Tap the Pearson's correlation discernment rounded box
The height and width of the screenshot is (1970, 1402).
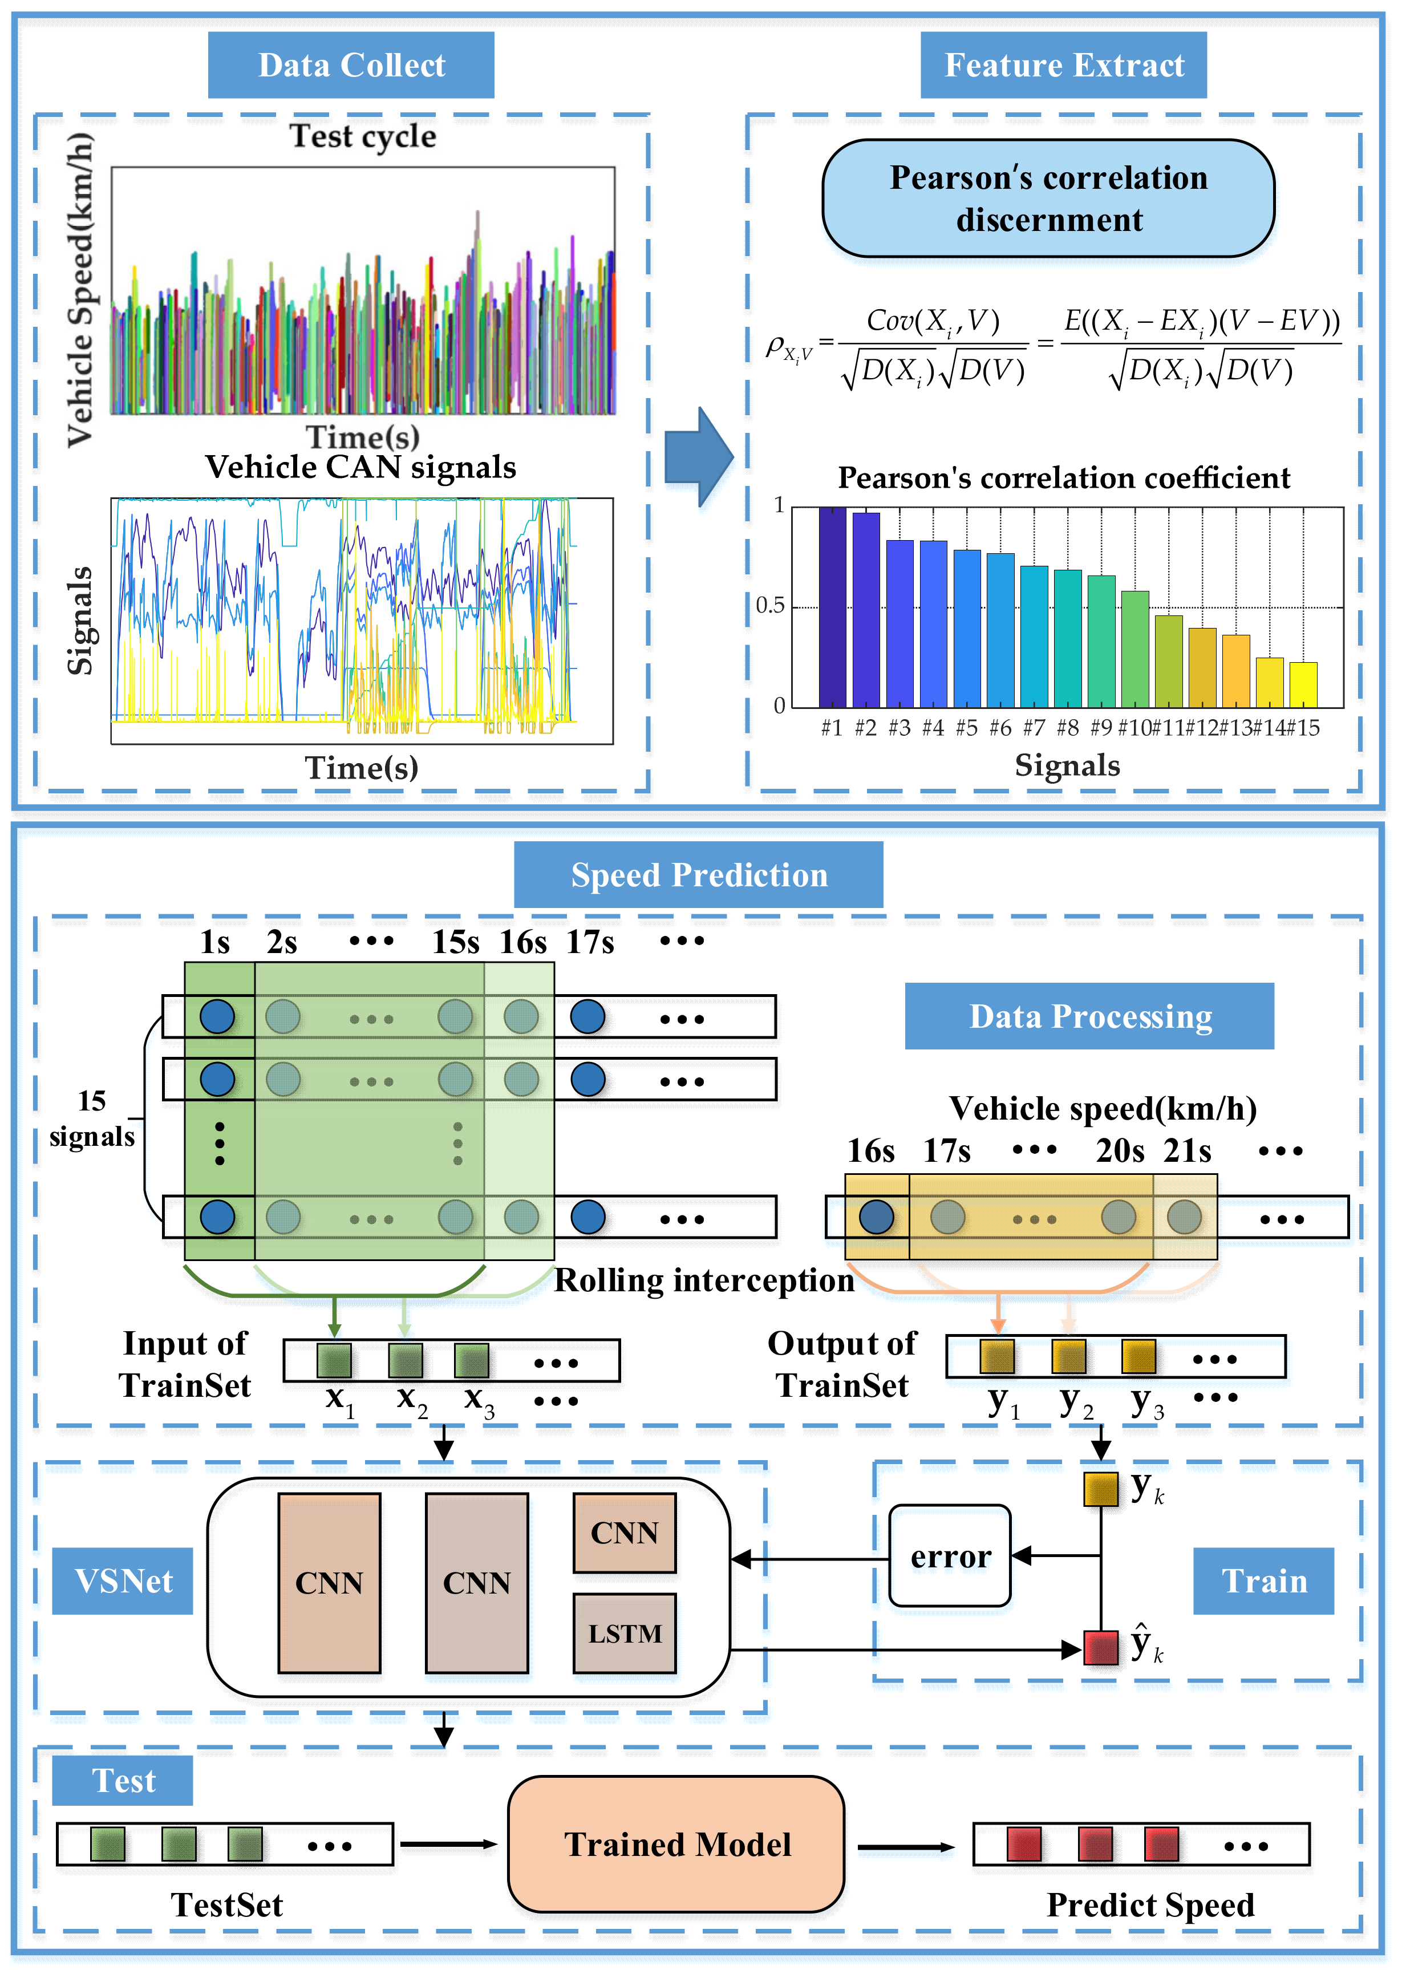tap(1048, 198)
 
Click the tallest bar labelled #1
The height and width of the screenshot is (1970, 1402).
tap(832, 607)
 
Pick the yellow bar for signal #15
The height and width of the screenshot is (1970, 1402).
tap(1303, 684)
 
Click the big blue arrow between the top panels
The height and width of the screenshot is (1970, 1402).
tap(698, 457)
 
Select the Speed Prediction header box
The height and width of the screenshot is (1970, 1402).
tap(698, 874)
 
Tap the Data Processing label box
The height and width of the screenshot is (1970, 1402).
tap(1089, 1016)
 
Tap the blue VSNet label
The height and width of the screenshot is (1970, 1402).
tap(123, 1580)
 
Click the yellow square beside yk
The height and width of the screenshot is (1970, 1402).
tap(1101, 1489)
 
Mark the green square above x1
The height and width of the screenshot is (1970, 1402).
tap(334, 1360)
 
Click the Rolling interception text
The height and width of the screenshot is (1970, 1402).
tap(704, 1280)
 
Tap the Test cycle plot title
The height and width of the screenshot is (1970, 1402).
tap(363, 136)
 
